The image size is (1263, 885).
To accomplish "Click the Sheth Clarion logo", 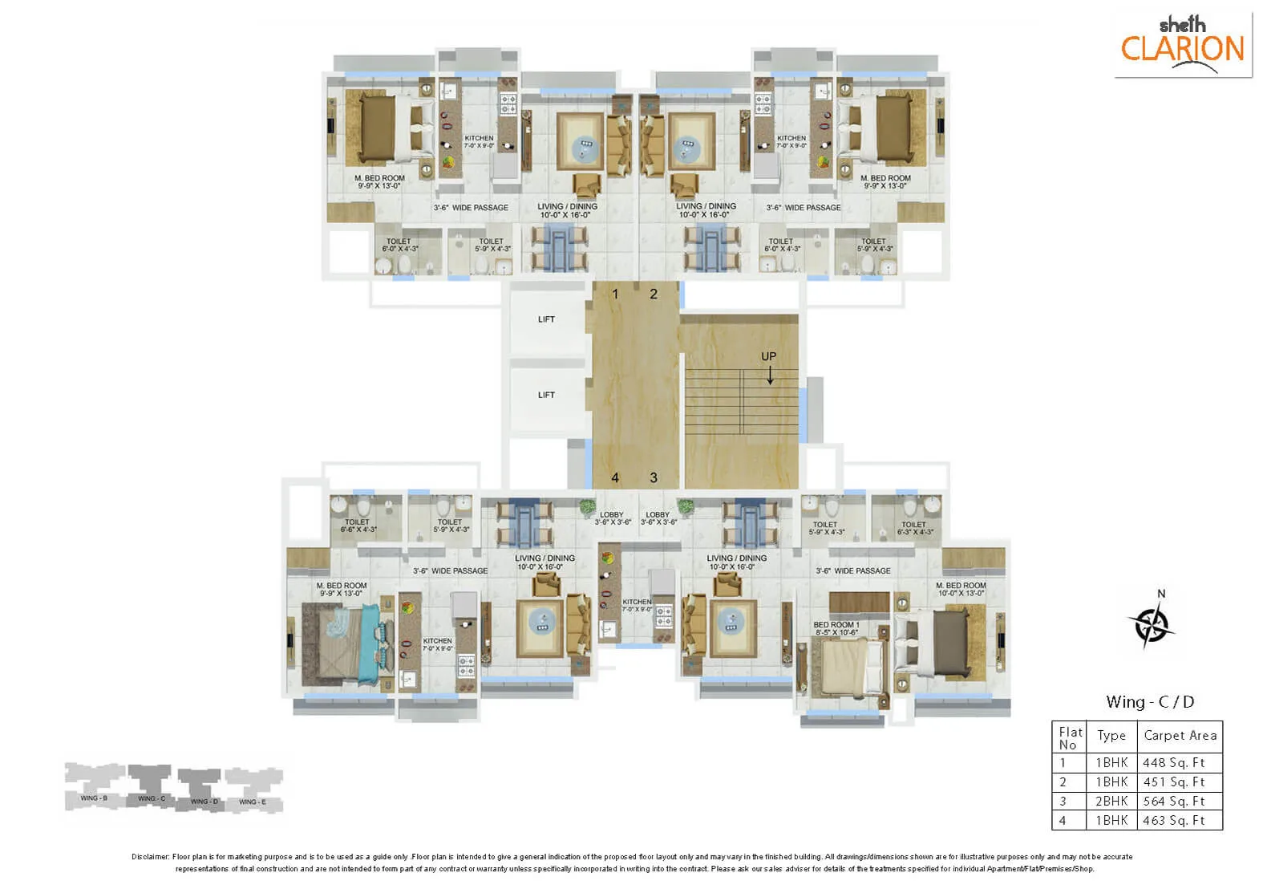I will (1182, 44).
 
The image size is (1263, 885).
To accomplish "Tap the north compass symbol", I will (1152, 623).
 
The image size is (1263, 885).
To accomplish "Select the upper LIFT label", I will (546, 319).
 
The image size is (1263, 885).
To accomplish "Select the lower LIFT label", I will (546, 395).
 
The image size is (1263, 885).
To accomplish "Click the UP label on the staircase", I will (768, 356).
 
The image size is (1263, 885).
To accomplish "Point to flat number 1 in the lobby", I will (615, 294).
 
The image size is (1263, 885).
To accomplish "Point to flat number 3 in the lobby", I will (654, 478).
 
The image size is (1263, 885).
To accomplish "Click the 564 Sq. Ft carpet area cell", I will (1174, 801).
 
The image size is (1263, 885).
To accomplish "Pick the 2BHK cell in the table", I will (1111, 801).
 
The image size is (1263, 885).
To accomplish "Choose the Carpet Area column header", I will (1180, 735).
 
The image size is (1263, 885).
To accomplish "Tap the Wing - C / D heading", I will (1149, 702).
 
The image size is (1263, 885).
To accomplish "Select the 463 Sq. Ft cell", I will (1174, 820).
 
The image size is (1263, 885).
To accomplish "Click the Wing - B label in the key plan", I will (94, 798).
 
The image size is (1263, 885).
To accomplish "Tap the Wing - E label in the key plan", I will (253, 802).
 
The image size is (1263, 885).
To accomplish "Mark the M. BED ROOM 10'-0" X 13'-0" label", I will (961, 589).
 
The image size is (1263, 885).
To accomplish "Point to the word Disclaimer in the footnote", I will (151, 857).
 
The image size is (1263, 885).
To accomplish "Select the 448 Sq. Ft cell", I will (1174, 762).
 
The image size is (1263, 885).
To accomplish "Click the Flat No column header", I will (1070, 737).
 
